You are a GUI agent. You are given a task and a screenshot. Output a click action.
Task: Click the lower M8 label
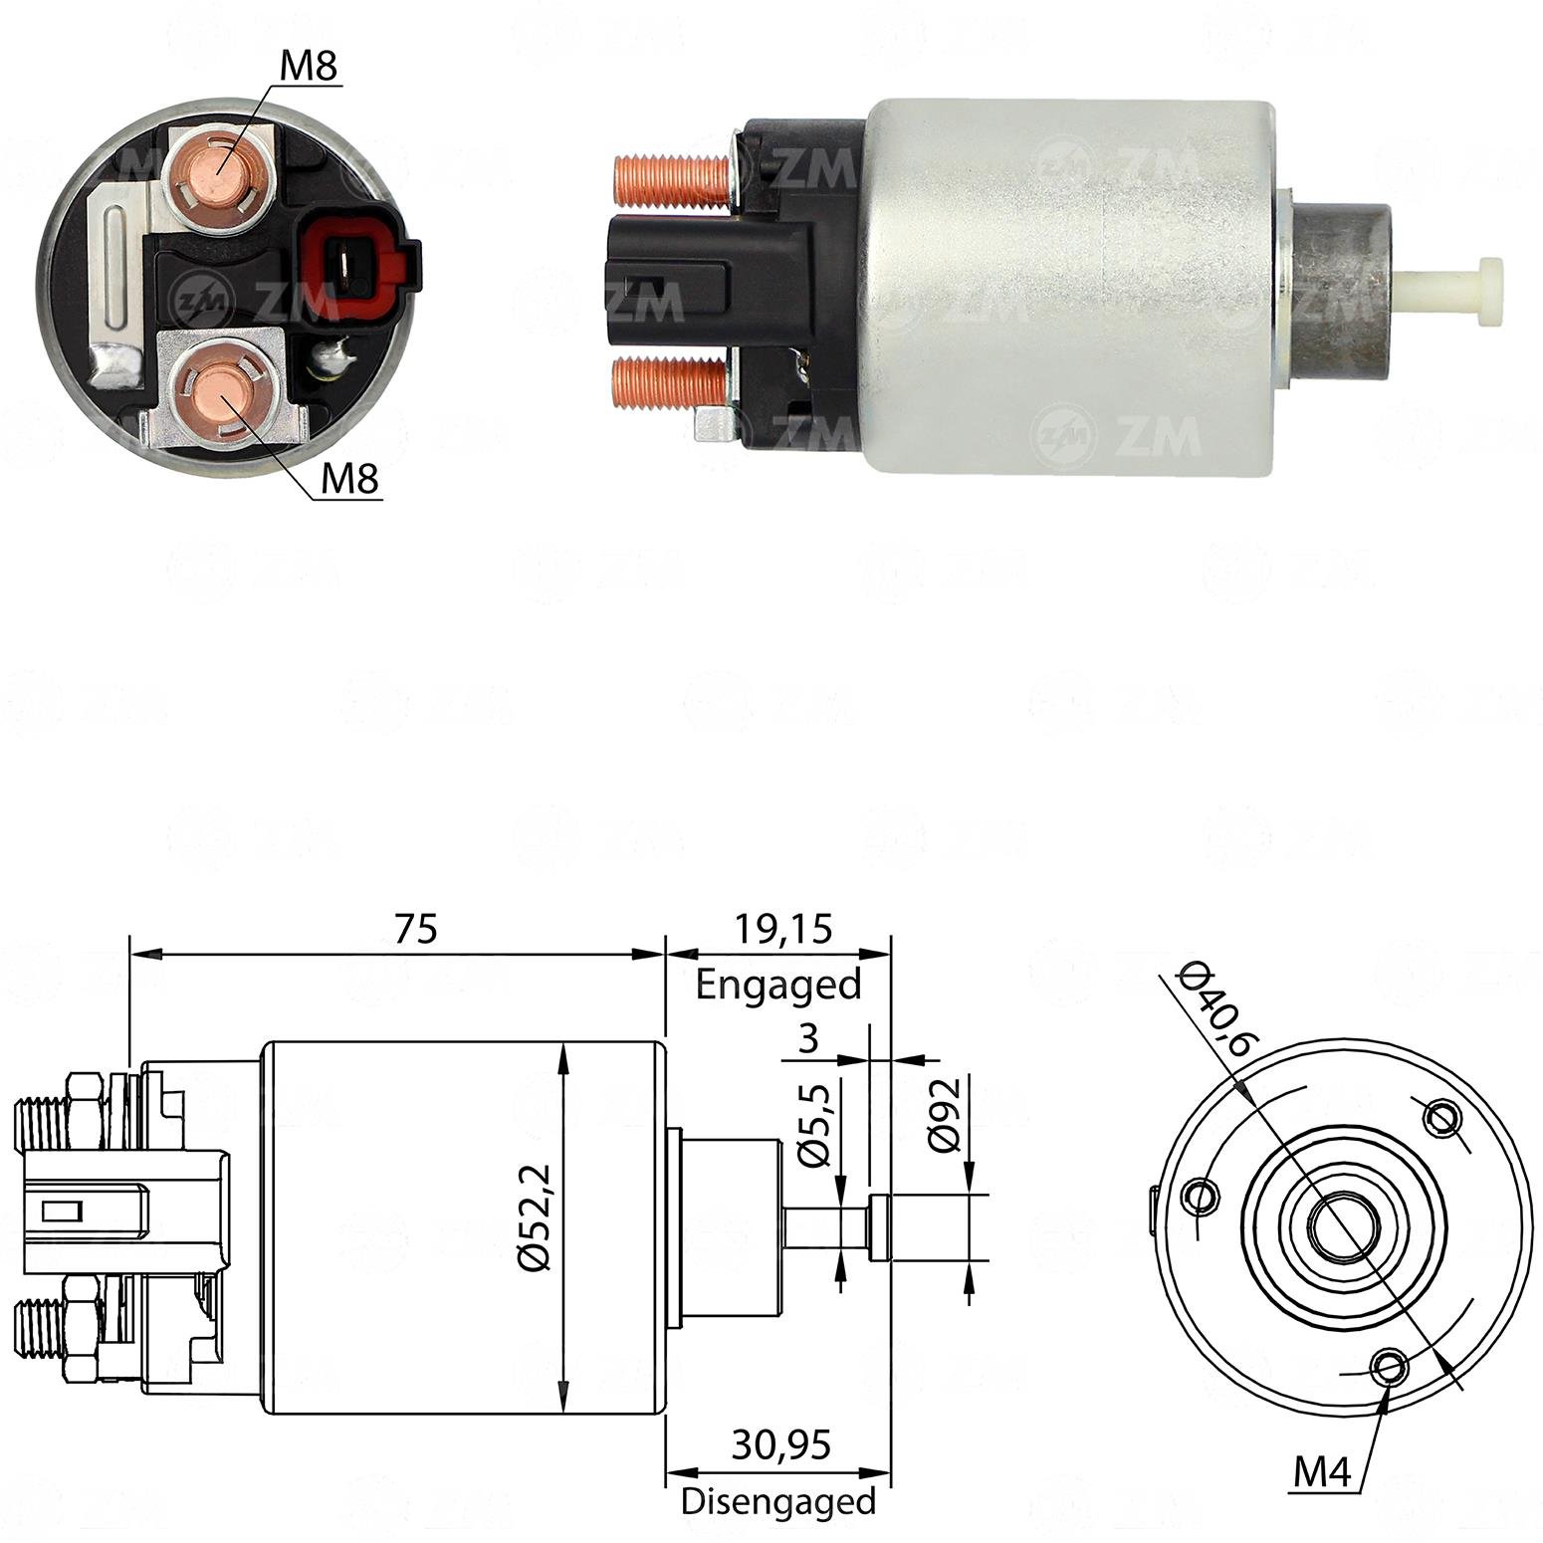coord(350,480)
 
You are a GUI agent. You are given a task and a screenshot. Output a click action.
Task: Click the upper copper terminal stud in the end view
coord(219,170)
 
